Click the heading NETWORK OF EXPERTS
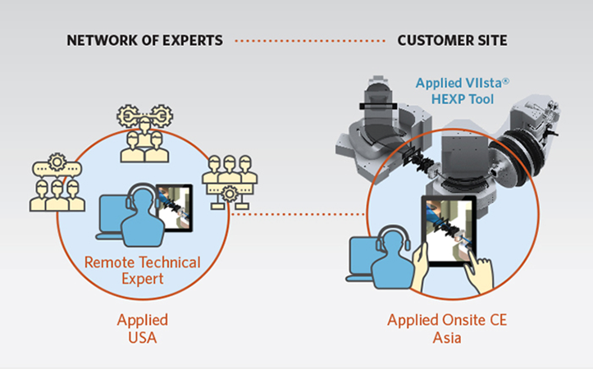click(x=144, y=40)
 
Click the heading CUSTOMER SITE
click(x=451, y=40)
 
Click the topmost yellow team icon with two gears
click(x=143, y=131)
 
